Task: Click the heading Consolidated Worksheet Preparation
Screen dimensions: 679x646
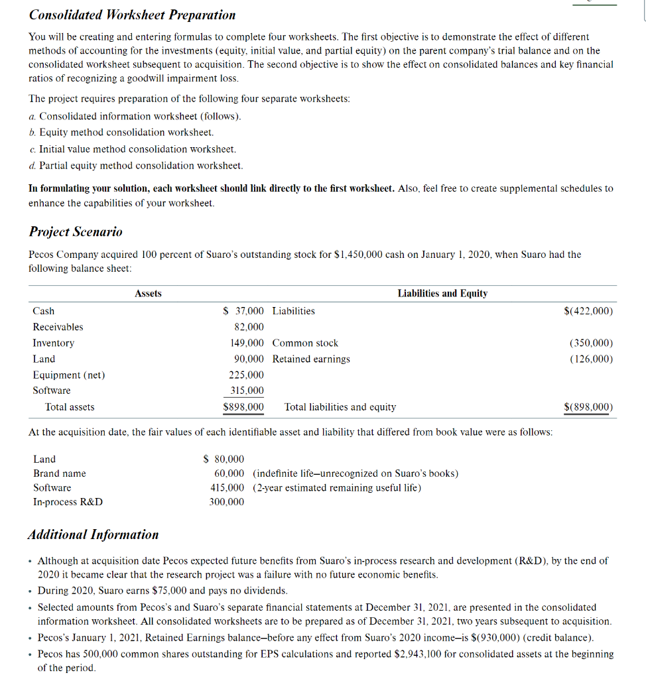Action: tap(132, 15)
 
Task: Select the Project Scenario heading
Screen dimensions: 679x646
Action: tap(76, 231)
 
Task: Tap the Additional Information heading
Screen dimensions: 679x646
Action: tap(94, 534)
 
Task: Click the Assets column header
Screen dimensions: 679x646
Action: tap(148, 293)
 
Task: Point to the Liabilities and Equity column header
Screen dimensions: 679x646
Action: tap(442, 293)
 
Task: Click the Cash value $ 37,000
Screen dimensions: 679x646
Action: tap(243, 311)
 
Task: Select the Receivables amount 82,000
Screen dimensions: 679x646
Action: tap(249, 327)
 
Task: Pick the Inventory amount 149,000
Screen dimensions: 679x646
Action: tap(247, 343)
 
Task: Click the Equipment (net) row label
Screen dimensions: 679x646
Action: tap(69, 375)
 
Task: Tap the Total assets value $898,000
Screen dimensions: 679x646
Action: tap(243, 406)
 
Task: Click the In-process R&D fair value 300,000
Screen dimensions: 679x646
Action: tap(227, 502)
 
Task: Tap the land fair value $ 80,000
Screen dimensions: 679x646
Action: tap(224, 459)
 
